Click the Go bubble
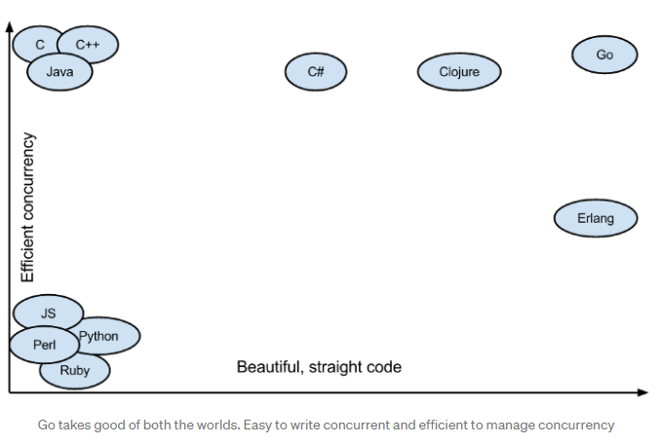pyautogui.click(x=604, y=56)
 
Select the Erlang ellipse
pyautogui.click(x=596, y=218)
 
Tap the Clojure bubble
pyautogui.click(x=459, y=72)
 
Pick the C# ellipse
pyautogui.click(x=316, y=72)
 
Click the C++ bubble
pyautogui.click(x=89, y=45)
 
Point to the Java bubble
pyautogui.click(x=59, y=72)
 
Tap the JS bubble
pyautogui.click(x=48, y=313)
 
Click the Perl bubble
pyautogui.click(x=44, y=345)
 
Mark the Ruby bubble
pyautogui.click(x=75, y=371)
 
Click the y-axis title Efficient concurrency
pyautogui.click(x=28, y=207)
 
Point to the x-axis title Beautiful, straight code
pyautogui.click(x=319, y=367)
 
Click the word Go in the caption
pyautogui.click(x=47, y=425)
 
